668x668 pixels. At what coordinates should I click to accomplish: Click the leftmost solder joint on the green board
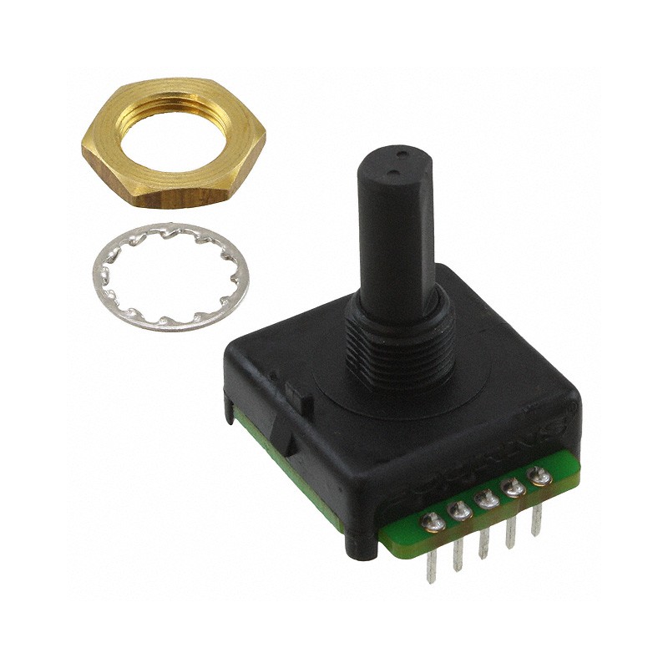434,524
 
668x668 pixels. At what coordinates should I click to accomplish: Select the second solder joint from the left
459,511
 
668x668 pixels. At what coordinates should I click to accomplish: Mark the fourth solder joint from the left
512,488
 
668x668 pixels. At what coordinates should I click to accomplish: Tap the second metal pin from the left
458,558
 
